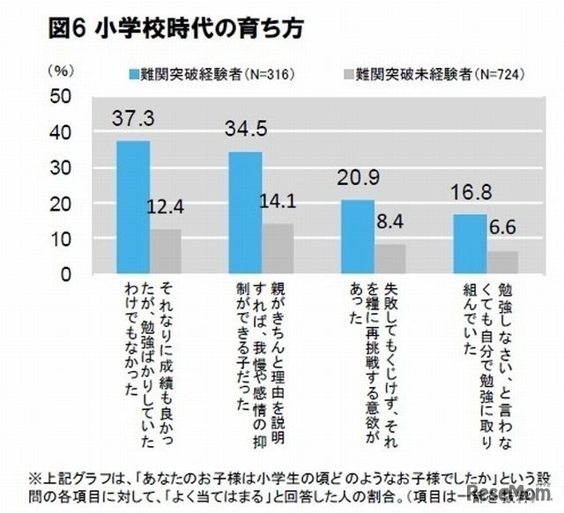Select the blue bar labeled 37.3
133,207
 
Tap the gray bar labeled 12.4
167,252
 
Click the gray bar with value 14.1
279,249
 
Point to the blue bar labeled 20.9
358,236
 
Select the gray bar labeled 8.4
391,259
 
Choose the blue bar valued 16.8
470,244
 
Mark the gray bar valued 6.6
503,262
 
